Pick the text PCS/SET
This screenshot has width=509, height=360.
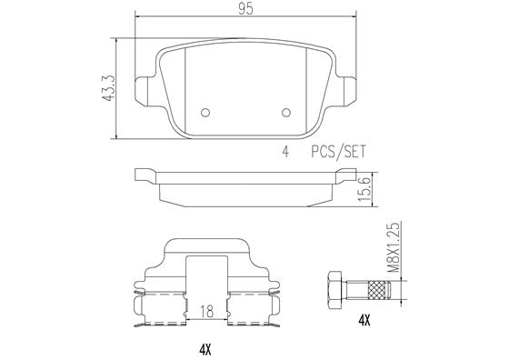click(338, 153)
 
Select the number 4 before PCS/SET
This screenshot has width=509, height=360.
click(285, 153)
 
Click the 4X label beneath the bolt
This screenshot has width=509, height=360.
click(364, 320)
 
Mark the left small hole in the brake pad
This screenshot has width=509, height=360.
click(205, 113)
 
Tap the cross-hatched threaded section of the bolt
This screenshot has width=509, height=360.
click(376, 289)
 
